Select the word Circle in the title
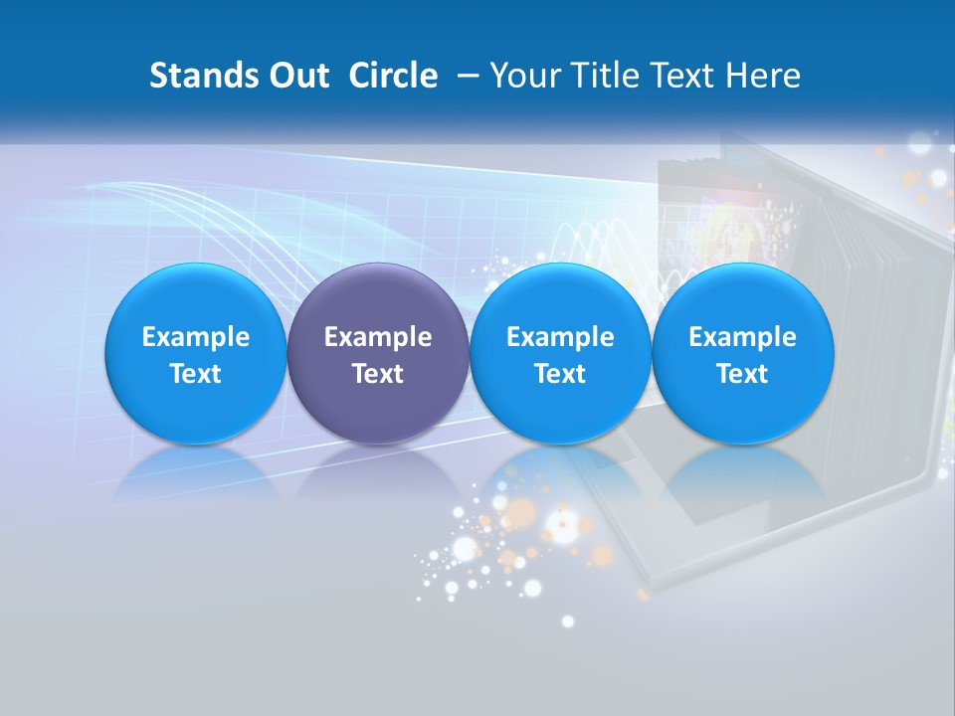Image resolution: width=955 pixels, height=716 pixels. pyautogui.click(x=393, y=76)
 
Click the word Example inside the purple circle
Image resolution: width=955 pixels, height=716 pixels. pyautogui.click(x=378, y=337)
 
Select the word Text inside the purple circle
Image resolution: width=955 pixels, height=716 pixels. pyautogui.click(x=378, y=374)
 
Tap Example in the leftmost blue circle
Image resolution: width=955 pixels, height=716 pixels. pyautogui.click(x=196, y=337)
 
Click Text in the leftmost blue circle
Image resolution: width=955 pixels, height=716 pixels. pyautogui.click(x=196, y=374)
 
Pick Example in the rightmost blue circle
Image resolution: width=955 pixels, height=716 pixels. pyautogui.click(x=742, y=337)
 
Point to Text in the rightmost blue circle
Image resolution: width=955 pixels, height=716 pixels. pyautogui.click(x=742, y=374)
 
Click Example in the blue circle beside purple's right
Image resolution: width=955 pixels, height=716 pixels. pyautogui.click(x=560, y=337)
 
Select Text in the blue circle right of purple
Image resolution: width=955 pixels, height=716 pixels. pyautogui.click(x=560, y=374)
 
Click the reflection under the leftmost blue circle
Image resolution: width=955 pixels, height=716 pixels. pyautogui.click(x=196, y=471)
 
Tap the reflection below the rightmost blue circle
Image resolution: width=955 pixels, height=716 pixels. pyautogui.click(x=742, y=471)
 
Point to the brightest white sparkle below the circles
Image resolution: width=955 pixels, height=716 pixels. pyautogui.click(x=562, y=532)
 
